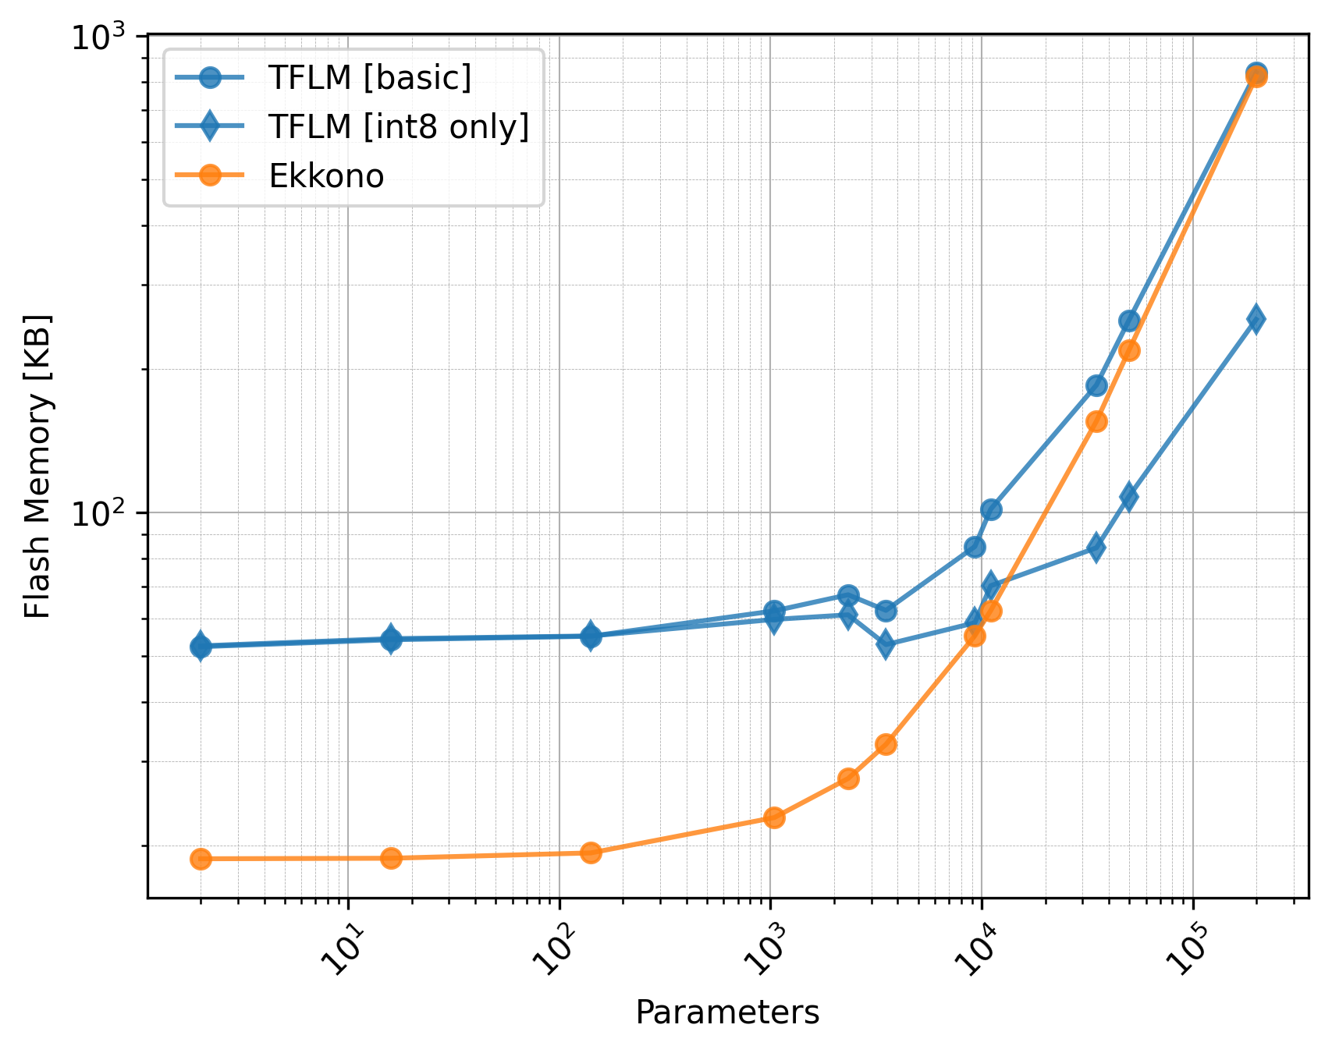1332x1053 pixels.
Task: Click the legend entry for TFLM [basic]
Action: click(x=369, y=77)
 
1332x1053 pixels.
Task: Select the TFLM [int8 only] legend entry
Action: click(x=398, y=126)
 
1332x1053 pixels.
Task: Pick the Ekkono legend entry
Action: click(x=326, y=176)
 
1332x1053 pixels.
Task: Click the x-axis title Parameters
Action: click(x=727, y=1012)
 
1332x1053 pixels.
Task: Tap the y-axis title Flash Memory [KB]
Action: click(x=37, y=466)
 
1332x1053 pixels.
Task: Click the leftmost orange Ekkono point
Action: click(x=201, y=859)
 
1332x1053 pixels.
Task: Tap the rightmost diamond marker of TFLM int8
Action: click(x=1256, y=318)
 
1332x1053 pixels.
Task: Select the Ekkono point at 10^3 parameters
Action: click(x=774, y=817)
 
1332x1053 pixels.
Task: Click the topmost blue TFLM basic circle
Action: click(x=1256, y=73)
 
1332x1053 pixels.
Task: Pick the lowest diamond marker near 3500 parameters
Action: click(x=886, y=644)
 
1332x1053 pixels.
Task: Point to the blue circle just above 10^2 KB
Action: click(x=991, y=510)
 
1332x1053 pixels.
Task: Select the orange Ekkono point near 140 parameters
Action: click(x=591, y=853)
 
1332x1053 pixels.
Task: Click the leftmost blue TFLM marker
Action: click(x=201, y=646)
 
